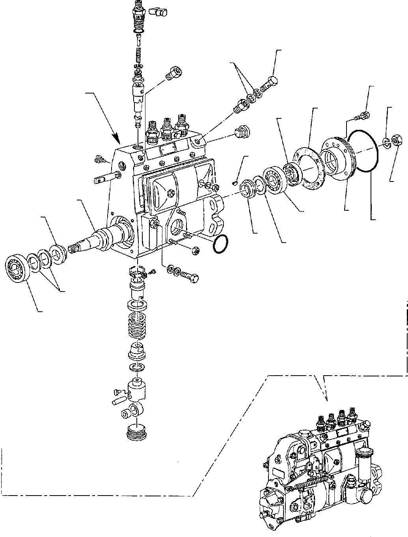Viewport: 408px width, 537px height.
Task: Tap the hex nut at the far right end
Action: pyautogui.click(x=397, y=139)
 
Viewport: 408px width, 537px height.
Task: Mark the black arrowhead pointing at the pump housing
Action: pyautogui.click(x=116, y=138)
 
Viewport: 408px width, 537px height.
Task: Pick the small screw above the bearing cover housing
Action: pyautogui.click(x=363, y=116)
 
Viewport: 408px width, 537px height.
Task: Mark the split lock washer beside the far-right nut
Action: pyautogui.click(x=387, y=143)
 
